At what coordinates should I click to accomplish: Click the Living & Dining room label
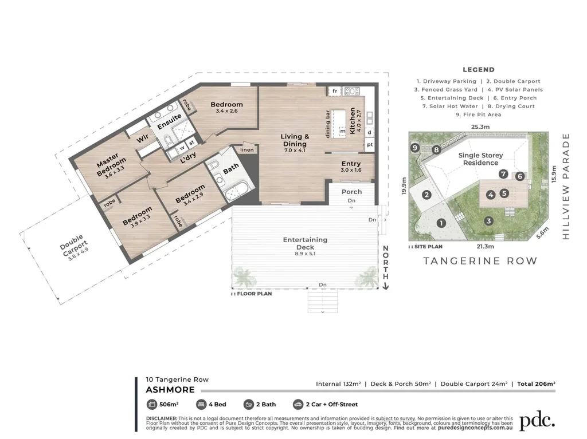pyautogui.click(x=295, y=140)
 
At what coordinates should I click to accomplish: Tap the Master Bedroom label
pyautogui.click(x=111, y=164)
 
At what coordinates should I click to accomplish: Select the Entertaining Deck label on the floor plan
pyautogui.click(x=305, y=243)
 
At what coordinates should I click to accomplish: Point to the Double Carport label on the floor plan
pyautogui.click(x=73, y=246)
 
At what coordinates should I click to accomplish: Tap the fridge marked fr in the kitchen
pyautogui.click(x=335, y=91)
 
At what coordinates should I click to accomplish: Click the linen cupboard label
pyautogui.click(x=247, y=149)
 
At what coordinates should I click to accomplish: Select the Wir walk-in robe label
pyautogui.click(x=142, y=139)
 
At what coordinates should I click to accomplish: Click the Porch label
pyautogui.click(x=351, y=192)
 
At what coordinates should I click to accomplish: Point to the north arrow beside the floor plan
pyautogui.click(x=386, y=267)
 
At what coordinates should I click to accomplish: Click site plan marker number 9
pyautogui.click(x=414, y=148)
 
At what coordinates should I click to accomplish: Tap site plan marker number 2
pyautogui.click(x=426, y=195)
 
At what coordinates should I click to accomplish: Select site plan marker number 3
pyautogui.click(x=488, y=221)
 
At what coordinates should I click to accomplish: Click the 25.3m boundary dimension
pyautogui.click(x=480, y=126)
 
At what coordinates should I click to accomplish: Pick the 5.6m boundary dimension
pyautogui.click(x=542, y=233)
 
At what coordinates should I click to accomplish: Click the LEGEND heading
pyautogui.click(x=479, y=70)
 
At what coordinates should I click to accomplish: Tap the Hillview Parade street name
pyautogui.click(x=566, y=186)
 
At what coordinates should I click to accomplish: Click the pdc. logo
pyautogui.click(x=537, y=421)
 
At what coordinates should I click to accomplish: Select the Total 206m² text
pyautogui.click(x=536, y=383)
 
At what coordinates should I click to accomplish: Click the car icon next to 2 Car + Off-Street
pyautogui.click(x=298, y=404)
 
